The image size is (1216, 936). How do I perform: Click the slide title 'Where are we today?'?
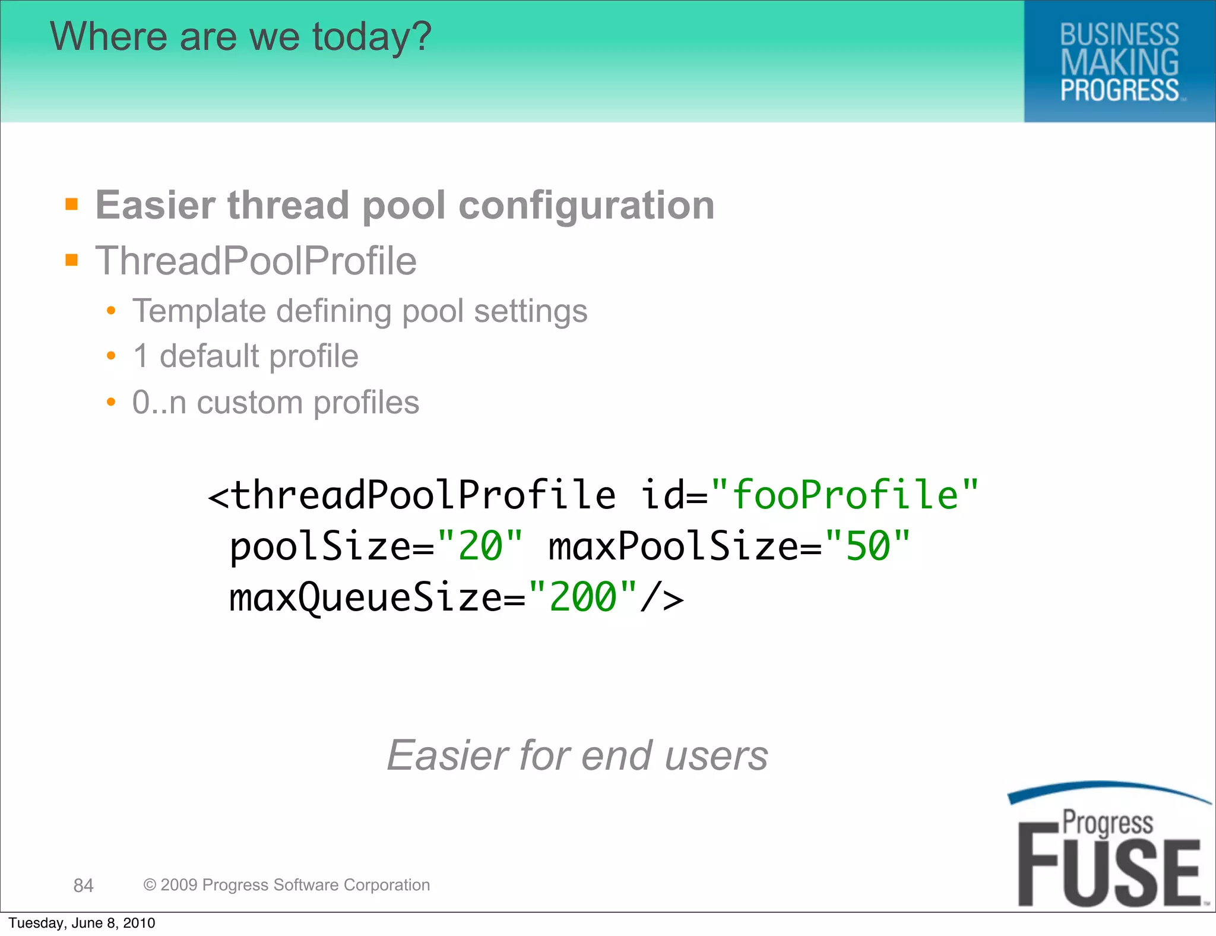point(240,37)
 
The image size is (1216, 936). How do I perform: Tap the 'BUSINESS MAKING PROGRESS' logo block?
point(1119,62)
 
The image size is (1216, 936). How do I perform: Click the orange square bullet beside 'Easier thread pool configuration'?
point(72,205)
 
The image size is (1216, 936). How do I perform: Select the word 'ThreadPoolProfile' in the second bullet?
point(256,261)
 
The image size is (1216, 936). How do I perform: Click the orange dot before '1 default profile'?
point(111,356)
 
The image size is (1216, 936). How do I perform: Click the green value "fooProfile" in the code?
point(844,495)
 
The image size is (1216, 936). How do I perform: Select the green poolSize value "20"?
point(480,546)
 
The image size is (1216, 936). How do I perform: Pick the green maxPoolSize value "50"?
point(867,546)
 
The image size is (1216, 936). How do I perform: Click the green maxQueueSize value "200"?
point(583,597)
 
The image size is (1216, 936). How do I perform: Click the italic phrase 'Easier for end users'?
point(577,755)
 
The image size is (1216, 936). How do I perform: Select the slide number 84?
point(83,886)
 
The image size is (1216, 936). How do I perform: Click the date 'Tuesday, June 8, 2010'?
point(82,923)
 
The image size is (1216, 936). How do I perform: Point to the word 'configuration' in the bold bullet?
point(587,205)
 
